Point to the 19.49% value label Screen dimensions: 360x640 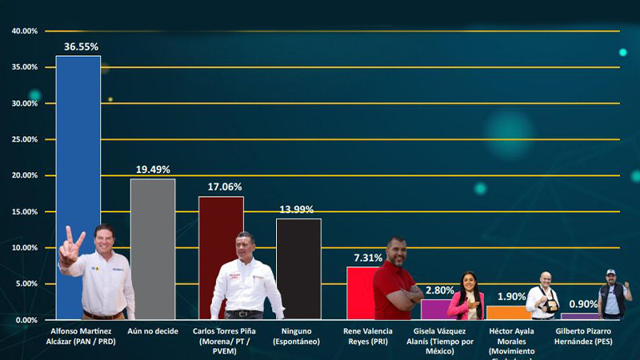pos(153,170)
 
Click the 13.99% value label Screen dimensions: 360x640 pos(298,210)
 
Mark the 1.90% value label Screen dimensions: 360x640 pos(511,297)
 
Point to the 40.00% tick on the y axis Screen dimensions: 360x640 pos(25,31)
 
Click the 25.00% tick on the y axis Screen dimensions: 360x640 pos(25,139)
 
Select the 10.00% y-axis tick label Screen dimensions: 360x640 pos(25,248)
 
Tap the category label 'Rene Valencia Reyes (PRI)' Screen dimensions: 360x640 pos(366,336)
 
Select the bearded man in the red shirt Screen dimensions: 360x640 pos(397,280)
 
